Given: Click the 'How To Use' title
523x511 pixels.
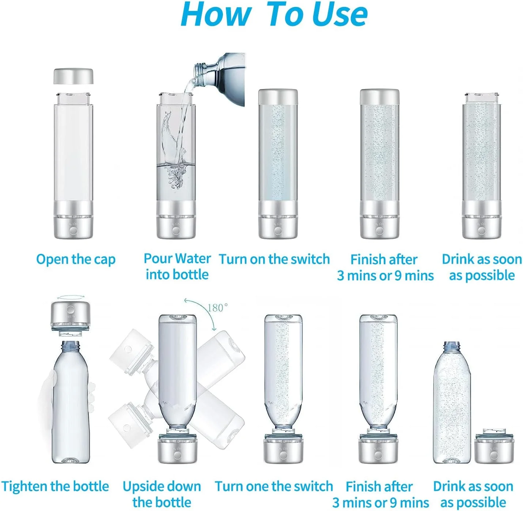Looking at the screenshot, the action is pyautogui.click(x=274, y=14).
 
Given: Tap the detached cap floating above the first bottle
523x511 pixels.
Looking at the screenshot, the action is pyautogui.click(x=73, y=76).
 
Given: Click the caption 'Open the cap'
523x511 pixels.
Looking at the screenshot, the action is pyautogui.click(x=76, y=260).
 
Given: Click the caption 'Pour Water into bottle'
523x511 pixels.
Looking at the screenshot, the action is pyautogui.click(x=177, y=267).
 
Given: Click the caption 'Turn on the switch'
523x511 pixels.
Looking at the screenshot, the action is pyautogui.click(x=274, y=259).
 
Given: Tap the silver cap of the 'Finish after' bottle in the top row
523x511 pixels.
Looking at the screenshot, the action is pyautogui.click(x=379, y=97).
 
